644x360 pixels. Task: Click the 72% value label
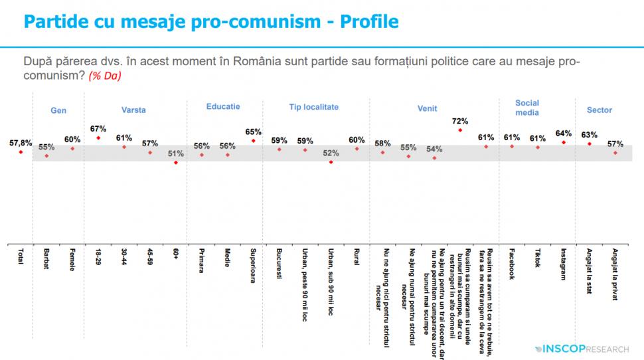point(460,122)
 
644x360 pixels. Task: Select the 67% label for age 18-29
point(98,129)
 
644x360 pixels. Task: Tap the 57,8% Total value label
point(21,143)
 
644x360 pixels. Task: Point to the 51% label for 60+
point(175,153)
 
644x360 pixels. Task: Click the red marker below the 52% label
point(331,161)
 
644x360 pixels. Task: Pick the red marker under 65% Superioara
point(253,141)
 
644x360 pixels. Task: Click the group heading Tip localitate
point(314,107)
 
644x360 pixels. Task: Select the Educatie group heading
point(223,106)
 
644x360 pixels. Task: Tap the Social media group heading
point(527,108)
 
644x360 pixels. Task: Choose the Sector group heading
point(600,110)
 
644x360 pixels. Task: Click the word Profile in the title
point(369,22)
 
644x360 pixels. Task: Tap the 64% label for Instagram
point(563,134)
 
